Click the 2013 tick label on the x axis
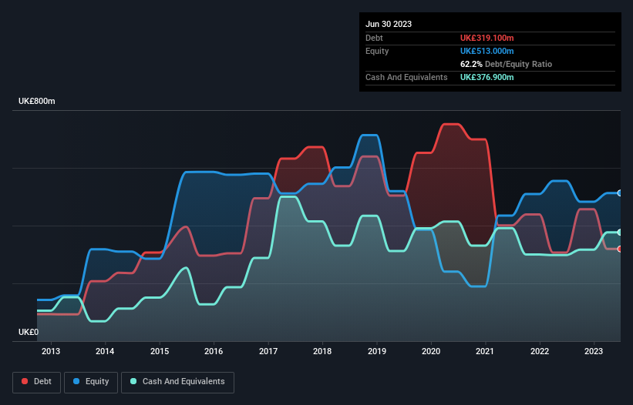[x=51, y=352]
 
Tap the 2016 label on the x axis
[x=214, y=352]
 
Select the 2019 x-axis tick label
[x=376, y=352]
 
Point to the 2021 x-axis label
[x=485, y=352]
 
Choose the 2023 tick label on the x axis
[x=594, y=352]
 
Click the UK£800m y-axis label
[x=38, y=102]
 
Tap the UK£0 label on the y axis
[x=28, y=332]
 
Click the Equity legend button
[x=91, y=382]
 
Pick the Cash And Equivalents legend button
[x=177, y=382]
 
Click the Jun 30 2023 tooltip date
[x=389, y=24]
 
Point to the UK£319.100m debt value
[x=487, y=38]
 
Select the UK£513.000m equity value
[x=487, y=51]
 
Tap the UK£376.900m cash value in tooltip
[x=487, y=77]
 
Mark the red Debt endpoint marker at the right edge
[x=620, y=249]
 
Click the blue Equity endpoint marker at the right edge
[x=620, y=193]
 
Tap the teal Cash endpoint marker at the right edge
[x=620, y=233]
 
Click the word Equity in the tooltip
[x=377, y=51]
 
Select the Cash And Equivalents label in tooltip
[x=406, y=77]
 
